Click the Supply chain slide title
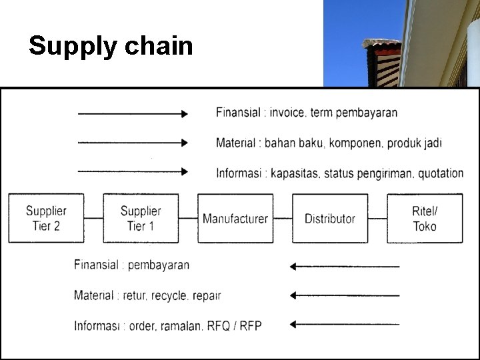click(111, 46)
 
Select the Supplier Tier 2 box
click(47, 218)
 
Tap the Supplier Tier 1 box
click(141, 218)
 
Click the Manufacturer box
click(235, 218)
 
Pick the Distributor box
click(330, 218)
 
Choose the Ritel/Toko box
click(425, 218)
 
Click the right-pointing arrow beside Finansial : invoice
click(133, 114)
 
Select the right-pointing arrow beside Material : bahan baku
click(133, 143)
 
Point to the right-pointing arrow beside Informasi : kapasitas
click(133, 171)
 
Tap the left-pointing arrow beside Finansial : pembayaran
click(344, 267)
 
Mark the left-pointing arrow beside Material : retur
click(344, 295)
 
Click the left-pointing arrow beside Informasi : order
click(344, 324)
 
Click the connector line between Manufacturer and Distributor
click(283, 218)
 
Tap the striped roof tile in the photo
click(381, 63)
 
